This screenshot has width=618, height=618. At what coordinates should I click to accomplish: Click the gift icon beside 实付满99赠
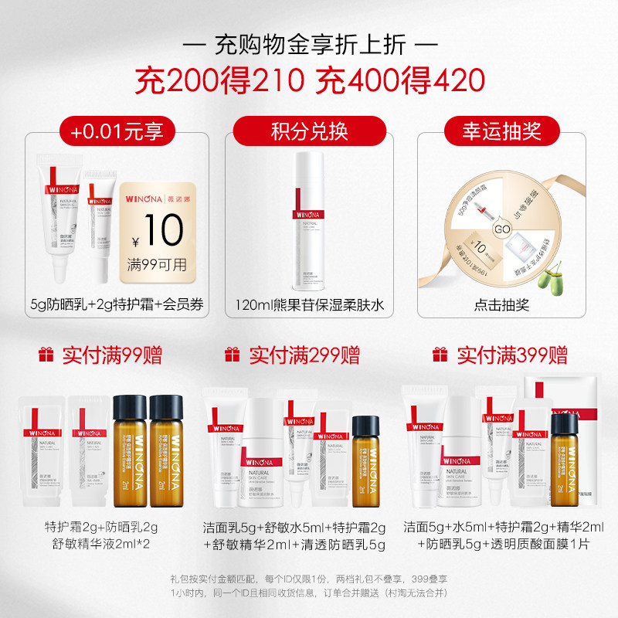click(x=47, y=355)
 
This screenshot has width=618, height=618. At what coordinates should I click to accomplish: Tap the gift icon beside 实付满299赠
click(x=231, y=355)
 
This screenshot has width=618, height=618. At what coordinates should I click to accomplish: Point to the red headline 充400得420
click(x=397, y=80)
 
